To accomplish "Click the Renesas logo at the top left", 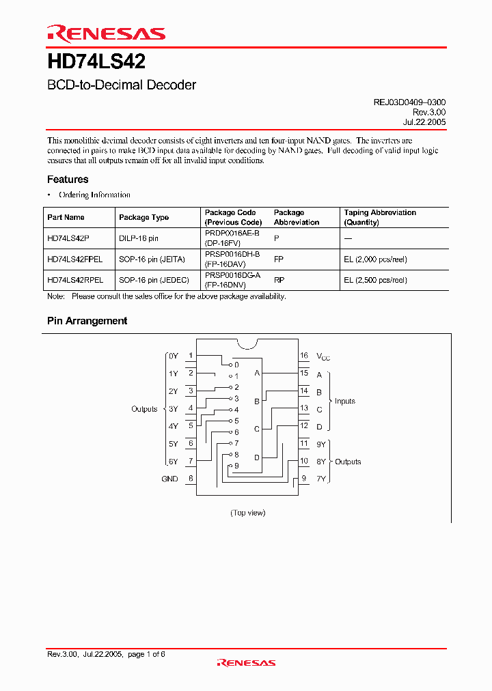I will [106, 33].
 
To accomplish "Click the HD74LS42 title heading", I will [96, 62].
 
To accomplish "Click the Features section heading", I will [68, 180].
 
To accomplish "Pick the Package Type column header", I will [143, 217].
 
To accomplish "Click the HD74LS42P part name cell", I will [68, 239].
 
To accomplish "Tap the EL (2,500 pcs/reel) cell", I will [375, 280].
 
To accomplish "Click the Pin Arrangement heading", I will [87, 321].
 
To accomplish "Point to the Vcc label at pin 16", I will [323, 356].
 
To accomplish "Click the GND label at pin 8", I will [169, 479].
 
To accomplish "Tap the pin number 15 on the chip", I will [304, 373].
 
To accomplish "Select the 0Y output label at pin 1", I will [173, 356].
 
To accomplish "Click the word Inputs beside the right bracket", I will [344, 401].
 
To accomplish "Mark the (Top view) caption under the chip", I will [247, 513].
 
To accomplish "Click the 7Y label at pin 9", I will [320, 479].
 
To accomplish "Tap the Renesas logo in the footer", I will [246, 662].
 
